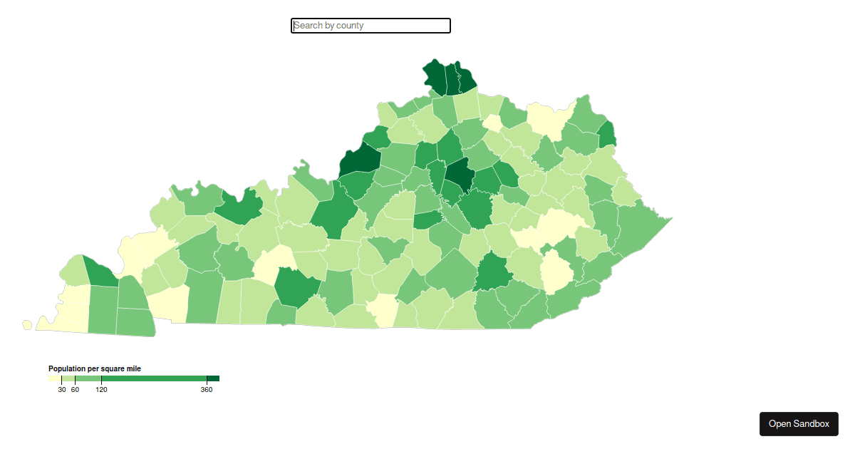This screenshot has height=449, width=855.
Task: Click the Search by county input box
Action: coord(370,26)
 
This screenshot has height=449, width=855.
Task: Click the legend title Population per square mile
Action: coord(94,368)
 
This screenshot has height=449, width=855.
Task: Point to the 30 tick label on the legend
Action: coord(62,390)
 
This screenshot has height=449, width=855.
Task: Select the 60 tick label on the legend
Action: coord(75,390)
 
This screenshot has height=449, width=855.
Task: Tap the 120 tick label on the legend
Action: coord(101,390)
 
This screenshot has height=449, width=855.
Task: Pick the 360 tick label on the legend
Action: coord(207,390)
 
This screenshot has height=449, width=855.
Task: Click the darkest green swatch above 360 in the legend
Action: coord(213,378)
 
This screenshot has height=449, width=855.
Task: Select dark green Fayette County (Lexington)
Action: coord(460,175)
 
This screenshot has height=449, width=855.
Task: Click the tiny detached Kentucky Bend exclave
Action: coord(27,324)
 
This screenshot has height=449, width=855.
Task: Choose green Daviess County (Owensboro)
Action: coord(239,207)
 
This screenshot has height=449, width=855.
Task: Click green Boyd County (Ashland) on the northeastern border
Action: coord(608,133)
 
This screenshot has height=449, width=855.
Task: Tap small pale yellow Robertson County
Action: coord(492,123)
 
